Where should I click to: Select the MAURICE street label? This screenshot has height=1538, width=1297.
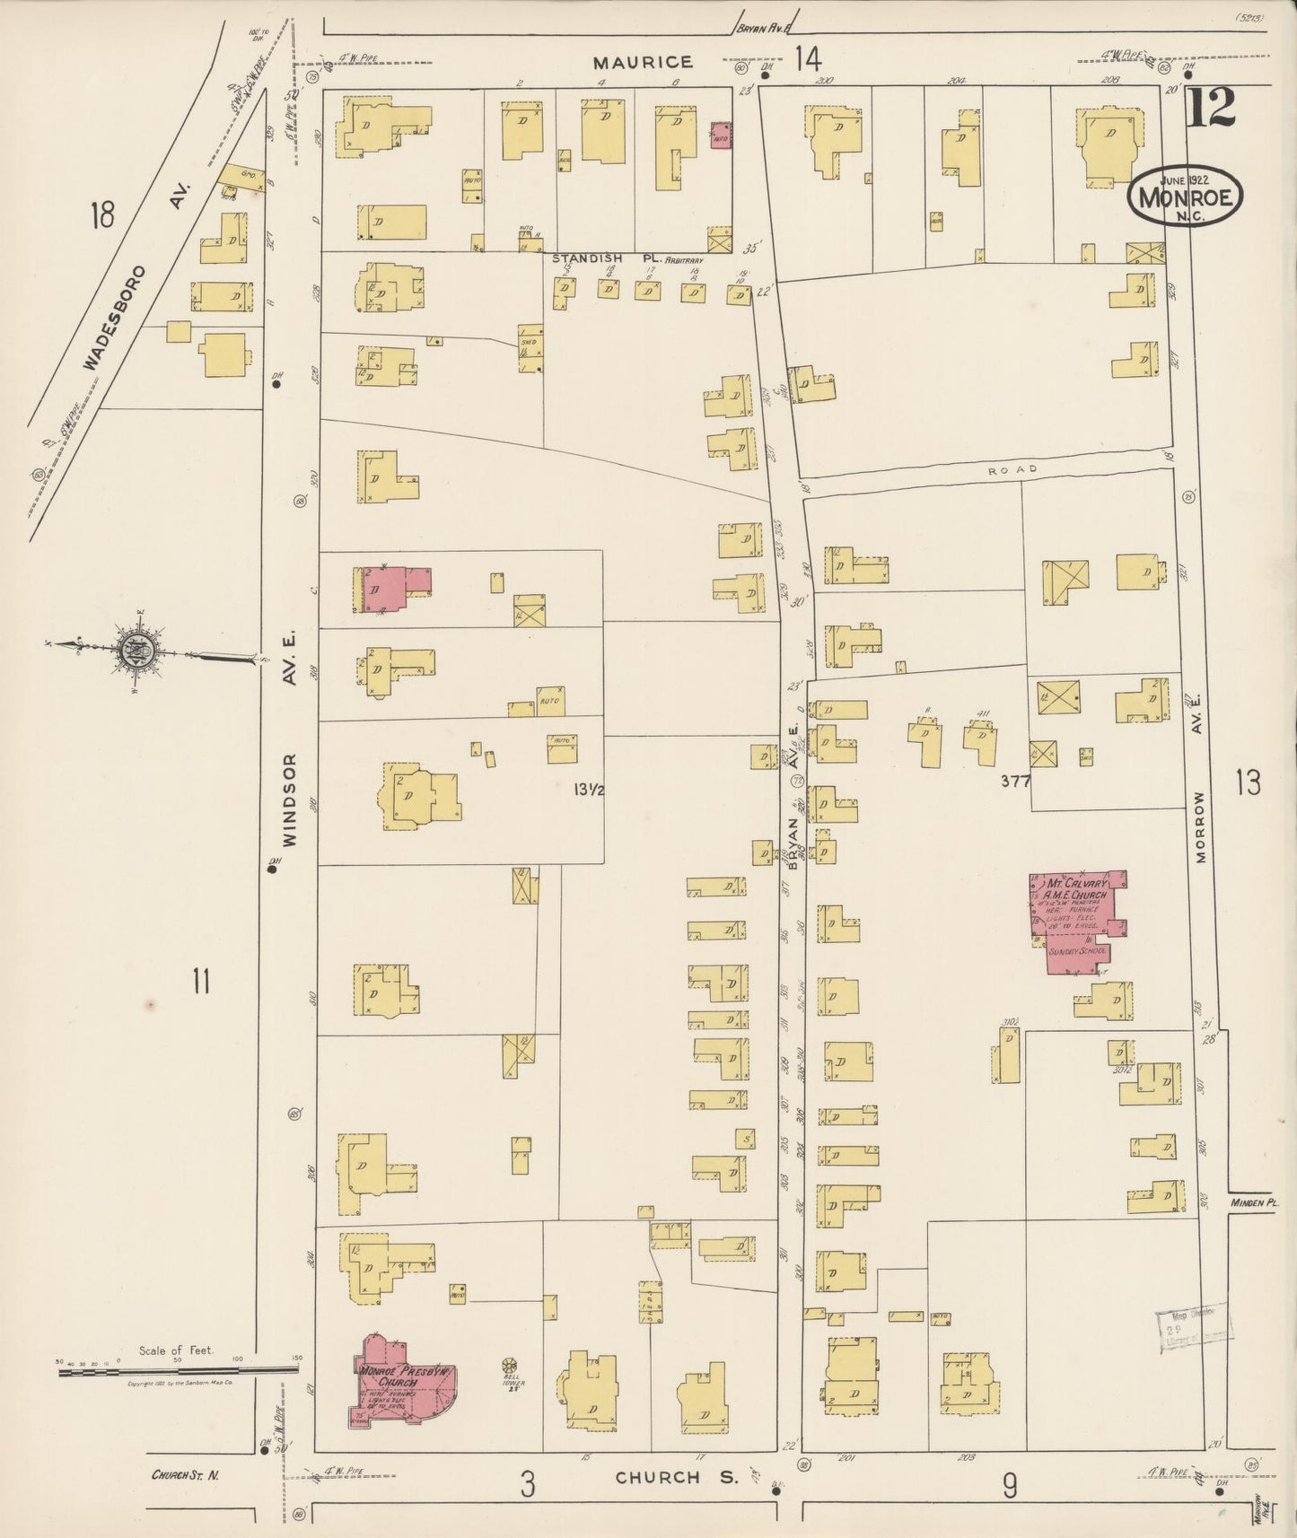[642, 62]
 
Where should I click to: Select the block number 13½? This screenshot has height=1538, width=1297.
[588, 790]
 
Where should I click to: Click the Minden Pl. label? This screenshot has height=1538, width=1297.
[1254, 1202]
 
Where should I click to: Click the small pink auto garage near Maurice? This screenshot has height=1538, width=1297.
[720, 136]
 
